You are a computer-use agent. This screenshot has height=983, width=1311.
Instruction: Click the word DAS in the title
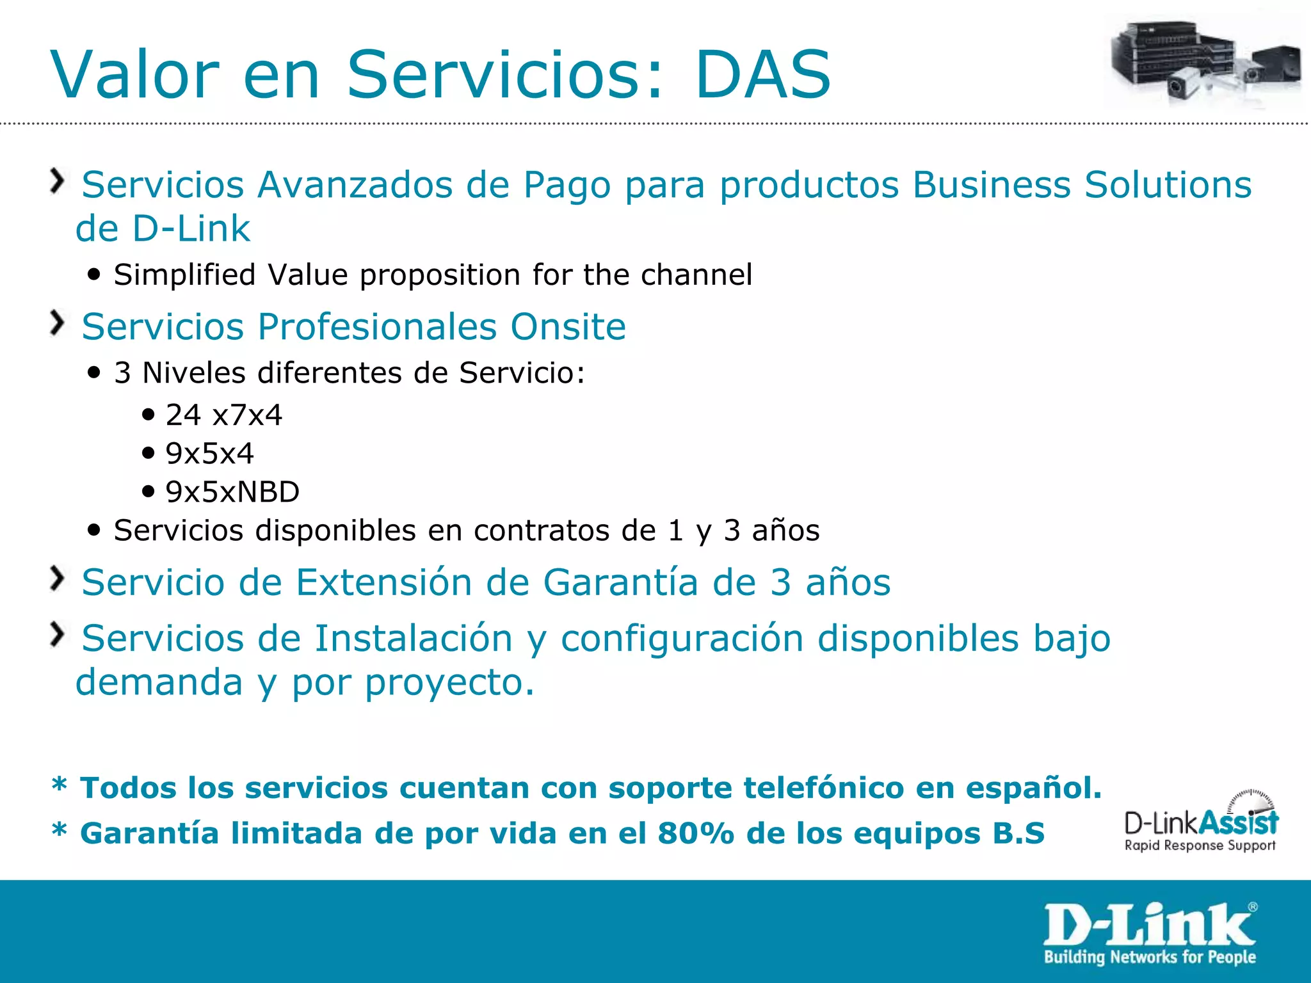[x=762, y=76]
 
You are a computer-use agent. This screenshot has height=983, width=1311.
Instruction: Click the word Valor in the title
[x=135, y=76]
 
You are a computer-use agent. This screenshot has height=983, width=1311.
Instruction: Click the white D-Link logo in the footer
[x=1150, y=933]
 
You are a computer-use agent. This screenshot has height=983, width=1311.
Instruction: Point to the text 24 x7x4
[x=223, y=415]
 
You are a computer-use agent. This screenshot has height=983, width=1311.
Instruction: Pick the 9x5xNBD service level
[x=232, y=492]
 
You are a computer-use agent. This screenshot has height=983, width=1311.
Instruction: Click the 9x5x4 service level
[x=209, y=454]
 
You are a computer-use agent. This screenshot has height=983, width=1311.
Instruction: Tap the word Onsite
[x=568, y=327]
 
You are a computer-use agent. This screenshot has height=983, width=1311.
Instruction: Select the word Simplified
[x=184, y=275]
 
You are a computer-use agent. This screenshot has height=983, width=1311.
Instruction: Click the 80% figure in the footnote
[x=696, y=833]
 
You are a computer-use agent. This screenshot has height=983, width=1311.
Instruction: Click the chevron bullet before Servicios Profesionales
[x=58, y=323]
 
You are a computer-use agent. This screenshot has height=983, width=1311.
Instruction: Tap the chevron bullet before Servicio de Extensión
[x=58, y=579]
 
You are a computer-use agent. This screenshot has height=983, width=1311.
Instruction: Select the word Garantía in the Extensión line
[x=620, y=582]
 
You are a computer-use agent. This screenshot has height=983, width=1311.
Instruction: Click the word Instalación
[x=414, y=639]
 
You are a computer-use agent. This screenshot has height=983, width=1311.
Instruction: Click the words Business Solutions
[x=1082, y=185]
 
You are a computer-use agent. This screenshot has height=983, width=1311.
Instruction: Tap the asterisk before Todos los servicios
[x=60, y=785]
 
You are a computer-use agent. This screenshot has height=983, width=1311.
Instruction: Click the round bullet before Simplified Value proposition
[x=95, y=275]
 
